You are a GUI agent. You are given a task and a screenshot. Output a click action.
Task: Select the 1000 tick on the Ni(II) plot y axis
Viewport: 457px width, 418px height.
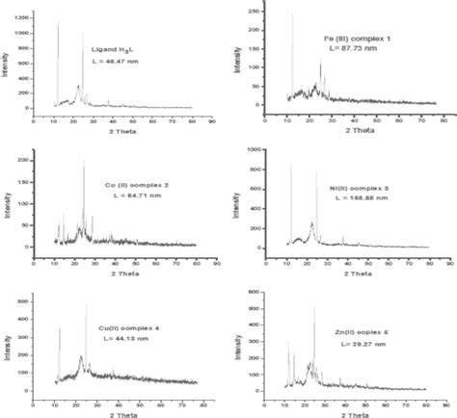[255, 150]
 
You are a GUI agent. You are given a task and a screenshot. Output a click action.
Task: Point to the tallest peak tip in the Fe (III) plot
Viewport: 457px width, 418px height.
[292, 13]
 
